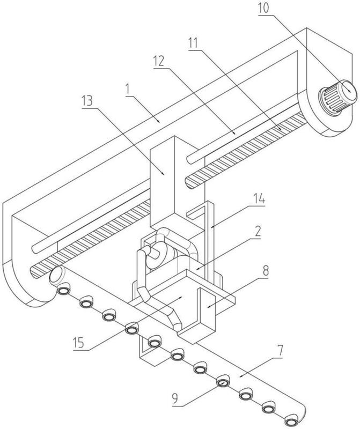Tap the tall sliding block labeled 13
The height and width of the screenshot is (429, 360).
click(x=165, y=177)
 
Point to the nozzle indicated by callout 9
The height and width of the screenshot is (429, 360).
click(x=223, y=382)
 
